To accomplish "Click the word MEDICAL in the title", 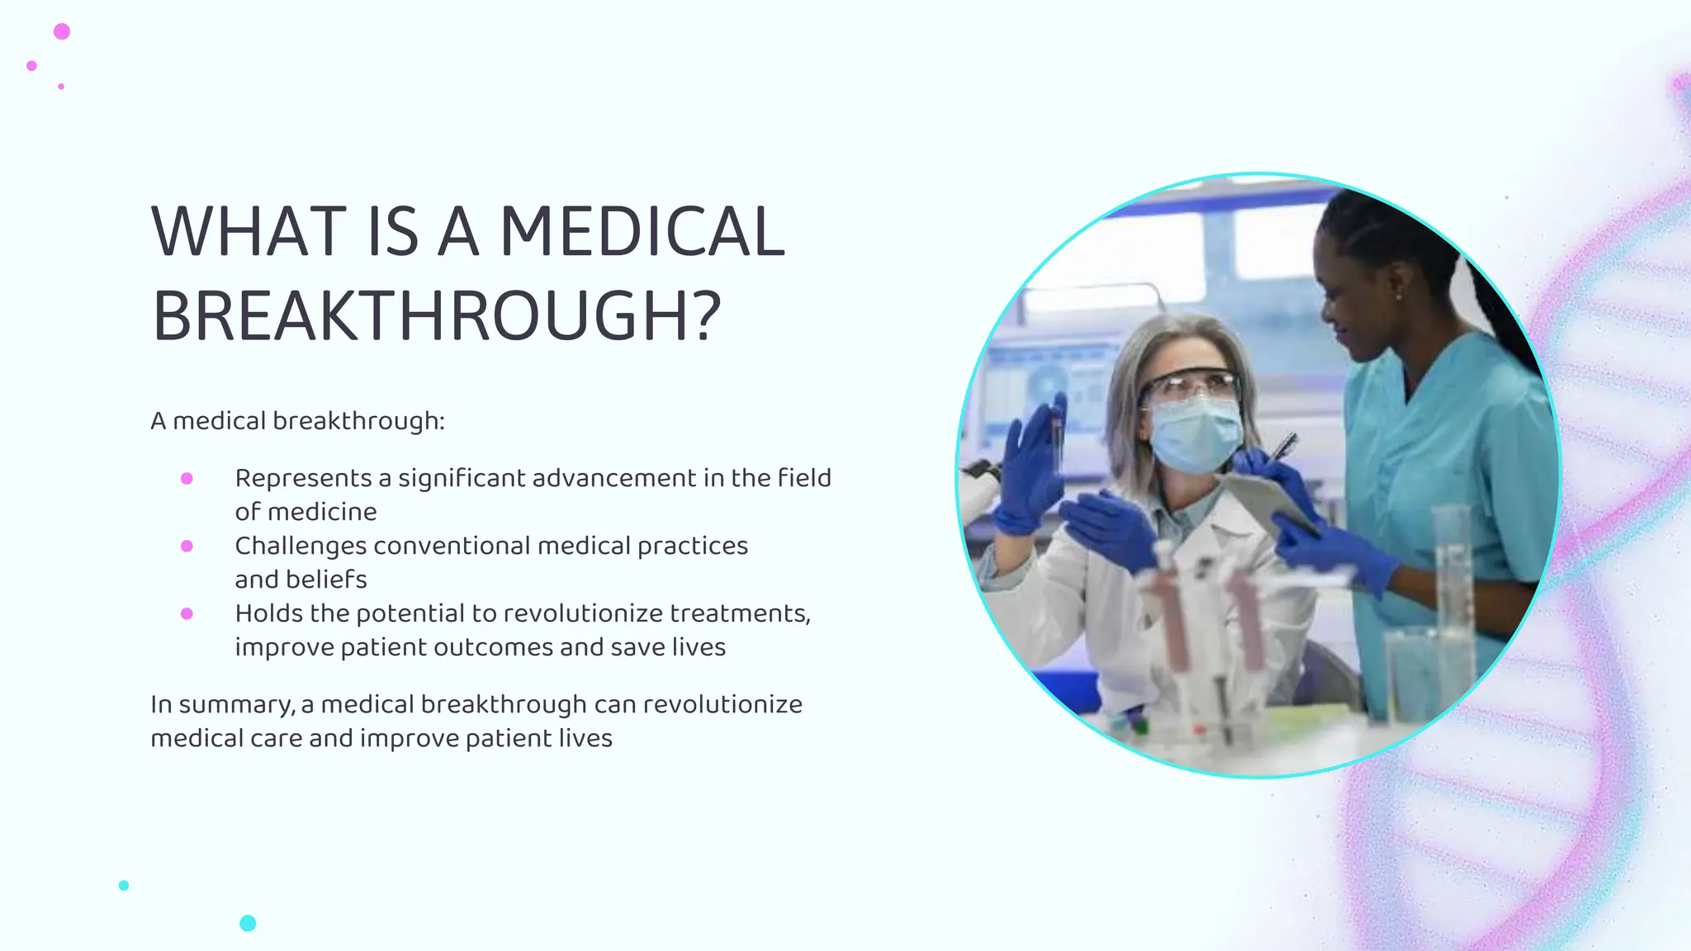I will click(642, 232).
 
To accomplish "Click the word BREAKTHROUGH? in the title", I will click(437, 317).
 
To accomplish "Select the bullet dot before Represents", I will click(187, 479).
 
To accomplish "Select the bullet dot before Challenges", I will click(187, 546).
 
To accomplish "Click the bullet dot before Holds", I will click(187, 614).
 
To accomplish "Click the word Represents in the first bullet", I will click(303, 479).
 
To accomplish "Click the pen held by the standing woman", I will click(1283, 447).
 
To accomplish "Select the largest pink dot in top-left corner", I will click(62, 31).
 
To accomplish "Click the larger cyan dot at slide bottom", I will click(248, 923).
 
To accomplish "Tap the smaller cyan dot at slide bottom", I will click(124, 885).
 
